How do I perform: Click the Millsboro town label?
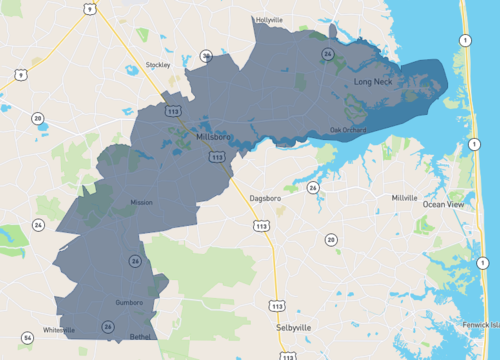point(214,136)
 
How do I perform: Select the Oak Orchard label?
point(349,129)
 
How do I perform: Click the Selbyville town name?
point(294,327)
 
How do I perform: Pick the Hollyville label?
point(269,19)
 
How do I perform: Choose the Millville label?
point(405,198)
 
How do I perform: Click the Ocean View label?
point(443,204)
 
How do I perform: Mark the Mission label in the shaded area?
point(141,202)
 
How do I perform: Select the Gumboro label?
point(130,302)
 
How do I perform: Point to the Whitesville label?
point(59,329)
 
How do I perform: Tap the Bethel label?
point(140,337)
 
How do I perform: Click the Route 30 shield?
point(206,56)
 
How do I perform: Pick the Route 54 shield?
point(27,338)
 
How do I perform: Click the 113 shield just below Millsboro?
point(217,157)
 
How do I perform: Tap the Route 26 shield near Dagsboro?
point(313,187)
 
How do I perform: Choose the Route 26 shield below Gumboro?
point(106,326)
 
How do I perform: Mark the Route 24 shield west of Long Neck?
point(328,53)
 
